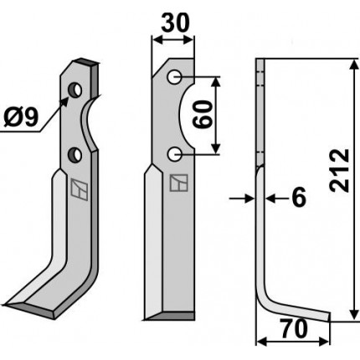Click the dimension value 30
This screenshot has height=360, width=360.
[175, 23]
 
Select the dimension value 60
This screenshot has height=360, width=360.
[203, 115]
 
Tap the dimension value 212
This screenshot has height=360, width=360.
[339, 171]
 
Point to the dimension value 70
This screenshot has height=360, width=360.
[294, 329]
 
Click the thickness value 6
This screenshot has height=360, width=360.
[299, 198]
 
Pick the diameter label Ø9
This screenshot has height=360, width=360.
[21, 117]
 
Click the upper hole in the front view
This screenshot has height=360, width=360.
[175, 77]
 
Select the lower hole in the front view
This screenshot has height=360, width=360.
[175, 154]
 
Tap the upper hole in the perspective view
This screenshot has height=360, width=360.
[75, 90]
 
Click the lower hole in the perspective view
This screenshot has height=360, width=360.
[75, 155]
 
